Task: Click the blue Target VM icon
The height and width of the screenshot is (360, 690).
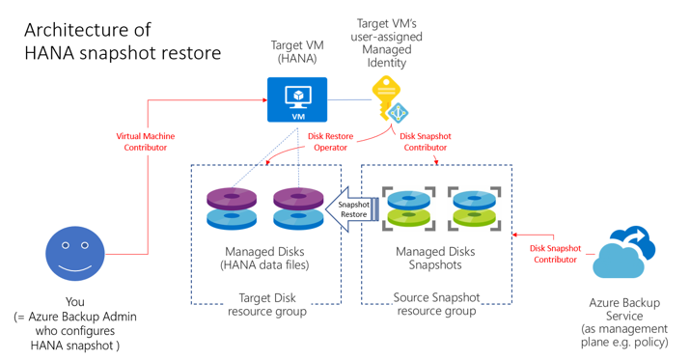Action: (296, 99)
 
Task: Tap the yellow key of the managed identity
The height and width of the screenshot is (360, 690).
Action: (387, 100)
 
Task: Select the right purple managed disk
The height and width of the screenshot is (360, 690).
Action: (298, 208)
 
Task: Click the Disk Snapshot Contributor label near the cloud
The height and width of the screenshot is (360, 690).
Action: (556, 254)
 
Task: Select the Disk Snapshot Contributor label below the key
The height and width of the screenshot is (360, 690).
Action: (425, 143)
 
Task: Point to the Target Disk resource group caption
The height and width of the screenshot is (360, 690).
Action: (266, 305)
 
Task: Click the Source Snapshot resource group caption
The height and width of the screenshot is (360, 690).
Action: (436, 305)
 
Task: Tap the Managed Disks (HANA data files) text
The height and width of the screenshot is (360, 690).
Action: (265, 260)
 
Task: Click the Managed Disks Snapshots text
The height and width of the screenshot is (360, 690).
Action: (436, 260)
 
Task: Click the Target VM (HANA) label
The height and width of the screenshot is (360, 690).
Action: (296, 52)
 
